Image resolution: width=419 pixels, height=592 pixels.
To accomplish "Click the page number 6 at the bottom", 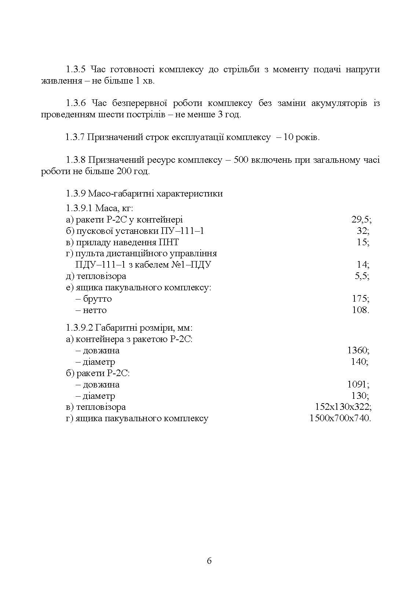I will [x=209, y=561].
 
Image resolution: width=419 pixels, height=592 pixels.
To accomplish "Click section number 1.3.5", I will [x=76, y=69].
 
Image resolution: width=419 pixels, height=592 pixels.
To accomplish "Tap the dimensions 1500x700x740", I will [x=339, y=418].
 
